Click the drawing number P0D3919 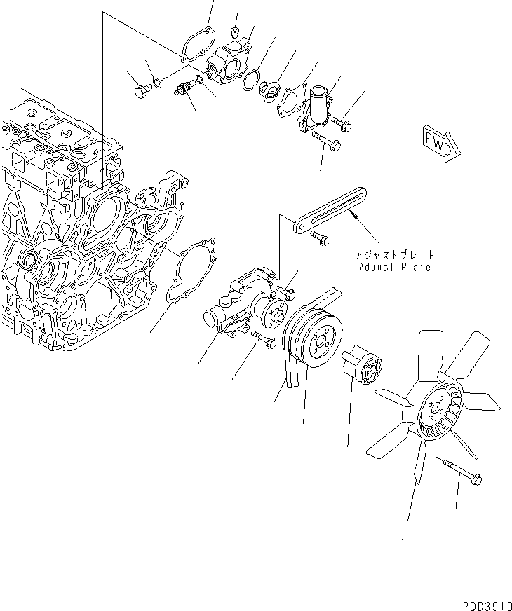click(x=481, y=602)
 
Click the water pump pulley click(x=314, y=341)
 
